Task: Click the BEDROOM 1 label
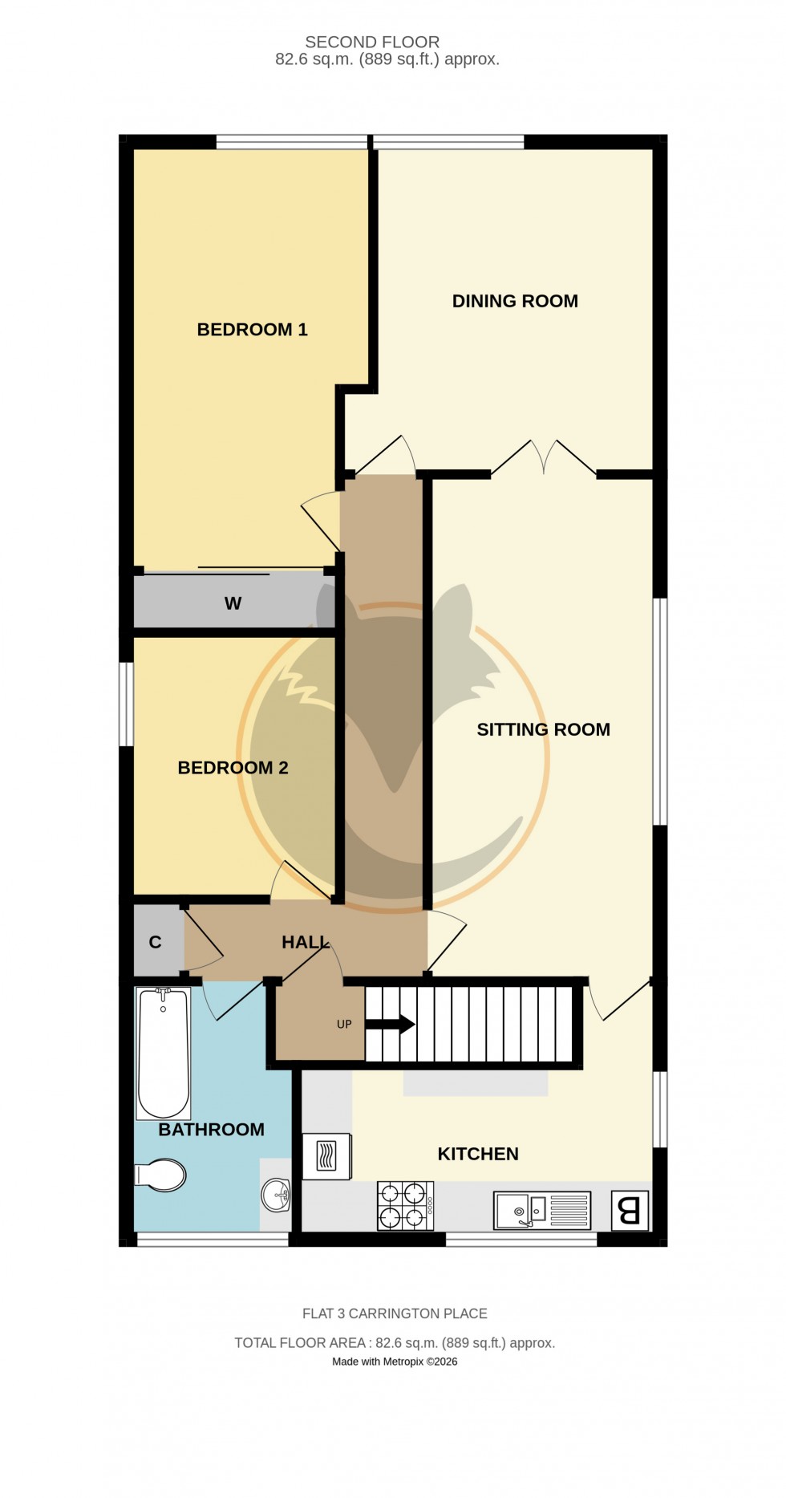coord(252,330)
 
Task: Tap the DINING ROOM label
coord(515,301)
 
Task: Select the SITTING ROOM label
coord(543,729)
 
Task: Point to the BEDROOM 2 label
coord(233,768)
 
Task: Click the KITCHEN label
coord(478,1154)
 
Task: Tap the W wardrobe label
coord(233,603)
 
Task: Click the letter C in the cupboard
coord(156,942)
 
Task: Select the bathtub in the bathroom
coord(164,1053)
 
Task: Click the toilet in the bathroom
coord(162,1175)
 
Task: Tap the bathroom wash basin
coord(277,1195)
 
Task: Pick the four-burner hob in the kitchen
coord(405,1205)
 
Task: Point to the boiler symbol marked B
coord(630,1210)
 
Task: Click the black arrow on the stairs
coord(391,1024)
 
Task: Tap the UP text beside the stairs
coord(344,1024)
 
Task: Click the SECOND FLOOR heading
coord(372,42)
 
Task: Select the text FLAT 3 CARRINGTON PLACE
coord(395,1313)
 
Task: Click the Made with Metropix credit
coord(395,1362)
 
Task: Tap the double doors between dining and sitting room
coord(544,461)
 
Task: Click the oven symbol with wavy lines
coord(326,1156)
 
